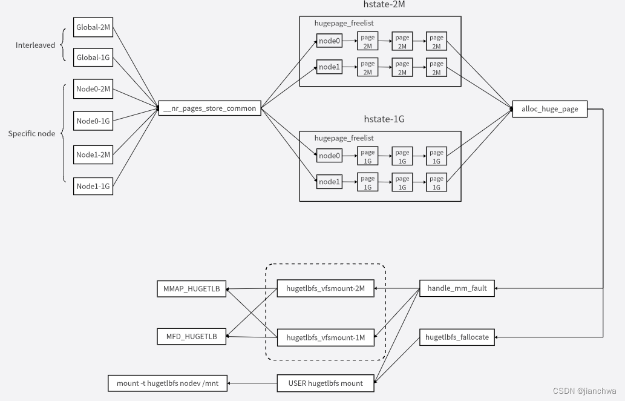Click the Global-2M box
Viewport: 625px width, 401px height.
pyautogui.click(x=93, y=27)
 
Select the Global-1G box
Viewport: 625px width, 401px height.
pyautogui.click(x=93, y=58)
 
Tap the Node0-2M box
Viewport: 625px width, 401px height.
pyautogui.click(x=93, y=89)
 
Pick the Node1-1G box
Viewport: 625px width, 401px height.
pyautogui.click(x=93, y=186)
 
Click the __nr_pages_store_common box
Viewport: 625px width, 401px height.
pyautogui.click(x=209, y=109)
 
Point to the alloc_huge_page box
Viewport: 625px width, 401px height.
pyautogui.click(x=549, y=109)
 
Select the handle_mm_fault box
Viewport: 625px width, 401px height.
pyautogui.click(x=457, y=288)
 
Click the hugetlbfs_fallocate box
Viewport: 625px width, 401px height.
pyautogui.click(x=457, y=337)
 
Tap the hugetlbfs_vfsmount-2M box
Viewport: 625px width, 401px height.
pyautogui.click(x=326, y=288)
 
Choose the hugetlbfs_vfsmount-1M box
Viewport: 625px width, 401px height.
pyautogui.click(x=326, y=337)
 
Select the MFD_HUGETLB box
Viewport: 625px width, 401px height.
pyautogui.click(x=191, y=336)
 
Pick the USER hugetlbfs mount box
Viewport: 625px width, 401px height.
pyautogui.click(x=326, y=383)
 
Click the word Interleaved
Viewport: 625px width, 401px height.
pyautogui.click(x=35, y=45)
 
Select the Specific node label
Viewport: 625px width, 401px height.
pyautogui.click(x=31, y=133)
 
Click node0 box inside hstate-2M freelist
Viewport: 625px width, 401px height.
pyautogui.click(x=330, y=41)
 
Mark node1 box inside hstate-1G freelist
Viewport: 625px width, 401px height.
pyautogui.click(x=330, y=182)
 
